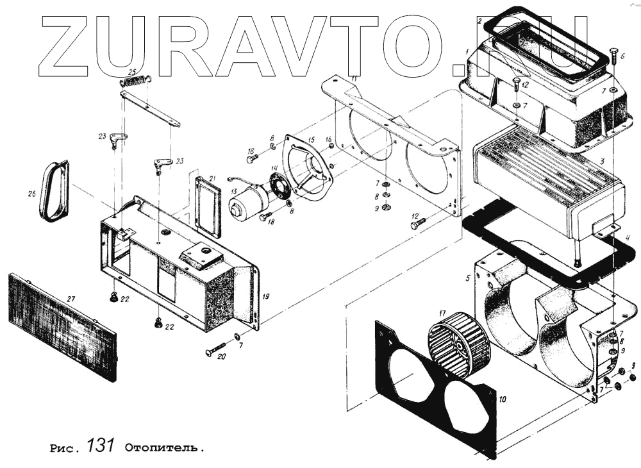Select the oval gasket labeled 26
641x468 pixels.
pos(53,191)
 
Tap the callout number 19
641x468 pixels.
pos(265,297)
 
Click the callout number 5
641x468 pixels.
pos(468,279)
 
